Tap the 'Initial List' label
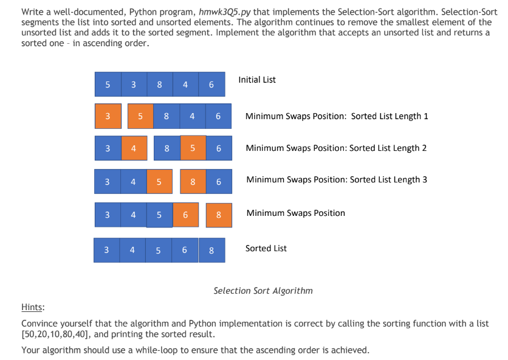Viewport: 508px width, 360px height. click(257, 80)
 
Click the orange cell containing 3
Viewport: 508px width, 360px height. click(108, 116)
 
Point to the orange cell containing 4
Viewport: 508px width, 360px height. click(133, 148)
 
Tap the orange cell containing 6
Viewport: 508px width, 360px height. click(185, 214)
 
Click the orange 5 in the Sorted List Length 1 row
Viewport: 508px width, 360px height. click(140, 116)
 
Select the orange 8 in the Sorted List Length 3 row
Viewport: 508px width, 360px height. click(193, 181)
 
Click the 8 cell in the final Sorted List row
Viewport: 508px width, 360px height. click(211, 250)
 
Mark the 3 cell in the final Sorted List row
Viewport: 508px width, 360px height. click(106, 250)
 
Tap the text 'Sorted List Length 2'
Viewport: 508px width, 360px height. click(388, 148)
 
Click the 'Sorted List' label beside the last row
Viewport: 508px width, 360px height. click(266, 248)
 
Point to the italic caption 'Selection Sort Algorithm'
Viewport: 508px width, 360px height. click(263, 291)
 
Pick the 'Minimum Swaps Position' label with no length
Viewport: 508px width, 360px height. click(295, 213)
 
